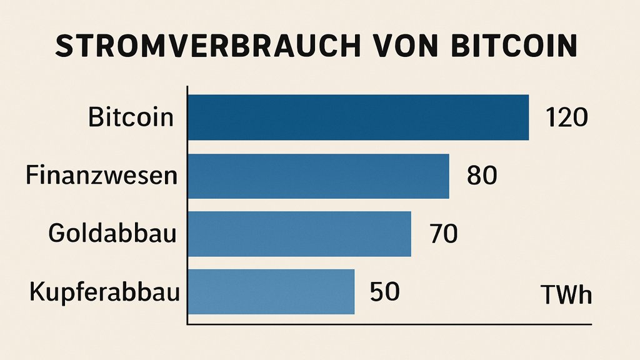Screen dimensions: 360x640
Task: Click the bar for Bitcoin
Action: click(358, 117)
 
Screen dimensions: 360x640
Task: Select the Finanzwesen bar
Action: click(319, 176)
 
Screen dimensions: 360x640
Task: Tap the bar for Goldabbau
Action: click(299, 234)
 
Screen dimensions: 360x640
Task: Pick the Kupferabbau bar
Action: click(271, 292)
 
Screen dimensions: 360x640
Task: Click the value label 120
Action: click(566, 117)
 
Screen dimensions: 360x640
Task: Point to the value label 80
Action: click(482, 176)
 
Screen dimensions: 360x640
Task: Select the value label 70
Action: click(444, 234)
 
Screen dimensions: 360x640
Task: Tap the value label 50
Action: click(385, 291)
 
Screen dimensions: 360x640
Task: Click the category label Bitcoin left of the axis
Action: click(130, 117)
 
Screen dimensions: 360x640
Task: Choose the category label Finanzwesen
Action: click(101, 176)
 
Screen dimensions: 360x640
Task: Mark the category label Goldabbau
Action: click(112, 234)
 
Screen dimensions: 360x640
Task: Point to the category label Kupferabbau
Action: click(104, 292)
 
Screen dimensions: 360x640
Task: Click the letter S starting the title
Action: click(64, 47)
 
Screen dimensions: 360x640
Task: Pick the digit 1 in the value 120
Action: click(551, 117)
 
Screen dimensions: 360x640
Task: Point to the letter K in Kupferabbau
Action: click(37, 291)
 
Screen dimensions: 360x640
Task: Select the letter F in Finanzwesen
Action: click(32, 176)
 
